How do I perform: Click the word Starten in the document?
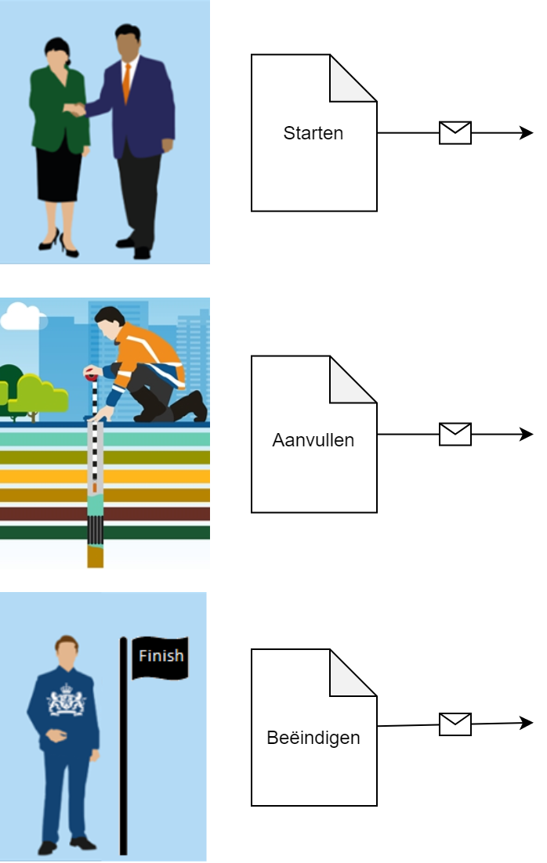[x=313, y=133]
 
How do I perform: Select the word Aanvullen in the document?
[x=313, y=440]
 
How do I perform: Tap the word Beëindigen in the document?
[x=313, y=738]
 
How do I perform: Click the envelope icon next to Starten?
[x=455, y=133]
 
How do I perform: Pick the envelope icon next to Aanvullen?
[x=455, y=434]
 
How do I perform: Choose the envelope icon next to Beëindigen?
[x=455, y=724]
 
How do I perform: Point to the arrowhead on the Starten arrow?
[x=527, y=133]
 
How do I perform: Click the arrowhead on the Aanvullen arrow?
[x=527, y=434]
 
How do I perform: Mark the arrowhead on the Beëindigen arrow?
[x=527, y=723]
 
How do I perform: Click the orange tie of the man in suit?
[x=126, y=82]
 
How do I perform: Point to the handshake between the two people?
[x=76, y=110]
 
